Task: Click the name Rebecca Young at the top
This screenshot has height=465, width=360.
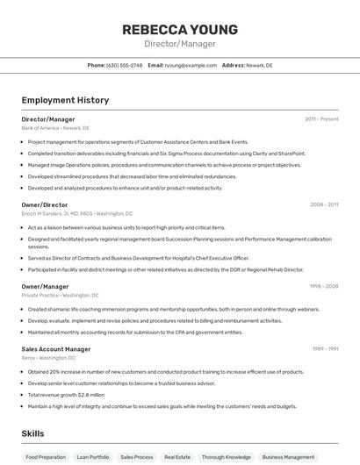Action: (x=179, y=29)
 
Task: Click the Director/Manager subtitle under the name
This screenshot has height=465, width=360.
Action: (x=179, y=44)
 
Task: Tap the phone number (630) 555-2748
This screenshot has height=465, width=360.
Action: (x=124, y=65)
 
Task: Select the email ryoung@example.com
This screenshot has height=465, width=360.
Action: (x=191, y=65)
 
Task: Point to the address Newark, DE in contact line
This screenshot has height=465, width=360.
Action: (x=259, y=65)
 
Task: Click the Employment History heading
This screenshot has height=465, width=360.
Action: (x=65, y=100)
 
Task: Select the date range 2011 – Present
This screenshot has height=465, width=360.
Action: (x=321, y=118)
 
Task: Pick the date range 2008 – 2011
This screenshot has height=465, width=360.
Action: (x=323, y=204)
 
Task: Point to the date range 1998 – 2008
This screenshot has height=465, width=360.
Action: (x=323, y=286)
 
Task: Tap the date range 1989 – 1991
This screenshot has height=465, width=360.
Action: (x=324, y=348)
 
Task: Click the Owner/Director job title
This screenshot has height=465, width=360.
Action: (x=45, y=204)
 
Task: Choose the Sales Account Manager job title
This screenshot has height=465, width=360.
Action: (x=56, y=348)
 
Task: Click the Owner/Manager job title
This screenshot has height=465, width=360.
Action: (x=46, y=286)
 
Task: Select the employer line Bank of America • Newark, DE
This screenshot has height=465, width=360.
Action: (x=55, y=128)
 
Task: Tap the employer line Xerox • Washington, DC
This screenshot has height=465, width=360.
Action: (x=50, y=358)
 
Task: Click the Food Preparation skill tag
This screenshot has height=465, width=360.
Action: (x=45, y=457)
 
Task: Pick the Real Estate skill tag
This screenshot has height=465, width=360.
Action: (x=177, y=457)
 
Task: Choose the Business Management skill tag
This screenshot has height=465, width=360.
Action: (x=288, y=457)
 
